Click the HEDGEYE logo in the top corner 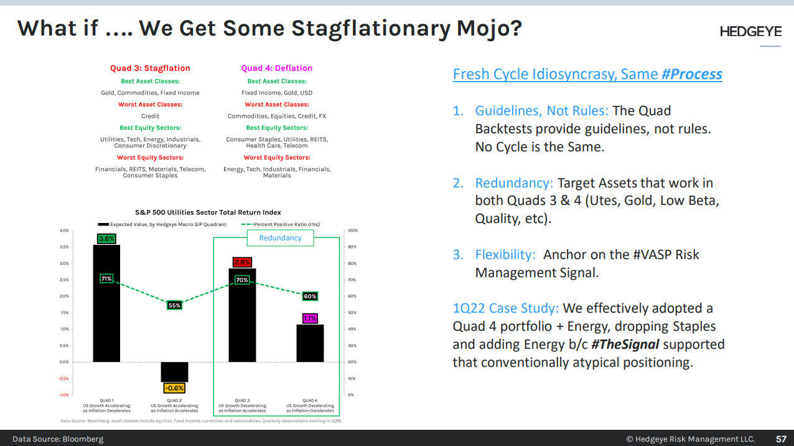coord(750,31)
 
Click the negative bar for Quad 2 coord(174,372)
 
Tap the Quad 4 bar coord(310,343)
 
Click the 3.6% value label coord(106,239)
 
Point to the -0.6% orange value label coord(174,388)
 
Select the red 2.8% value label coord(242,262)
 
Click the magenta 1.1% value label coord(310,318)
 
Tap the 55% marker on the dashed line coord(174,305)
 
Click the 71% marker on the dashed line coord(106,278)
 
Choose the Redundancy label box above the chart coord(280,238)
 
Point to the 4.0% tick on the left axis coord(64,230)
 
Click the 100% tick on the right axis coord(352,230)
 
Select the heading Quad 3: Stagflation coord(150,69)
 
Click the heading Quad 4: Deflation coord(277,69)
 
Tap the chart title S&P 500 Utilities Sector coord(208,212)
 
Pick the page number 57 coord(780,439)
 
